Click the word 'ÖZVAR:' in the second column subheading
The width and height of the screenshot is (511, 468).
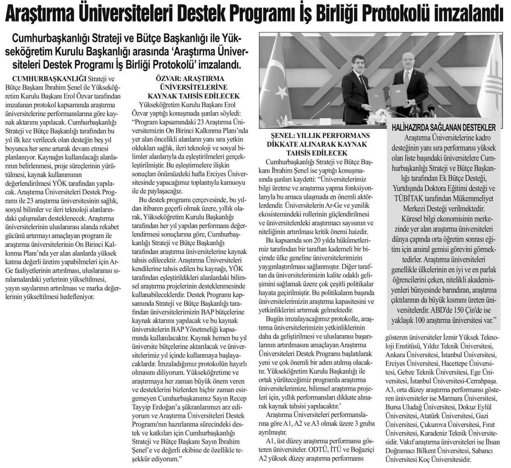[167, 79]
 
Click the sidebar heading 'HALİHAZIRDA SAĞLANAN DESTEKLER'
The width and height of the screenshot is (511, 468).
[444, 128]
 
